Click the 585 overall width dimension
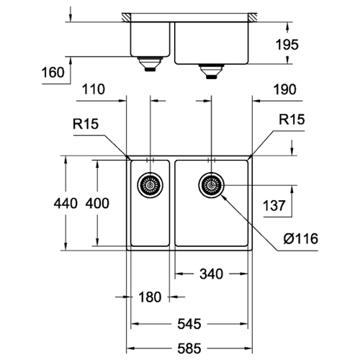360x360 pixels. coord(189,348)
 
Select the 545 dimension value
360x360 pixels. coord(189,324)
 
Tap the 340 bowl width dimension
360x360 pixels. coord(211,274)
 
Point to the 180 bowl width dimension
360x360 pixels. coord(150,297)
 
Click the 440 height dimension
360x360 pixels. coord(66,204)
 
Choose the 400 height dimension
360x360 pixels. coord(97,204)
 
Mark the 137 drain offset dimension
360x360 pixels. coord(274,206)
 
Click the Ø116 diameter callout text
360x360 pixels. coord(301,239)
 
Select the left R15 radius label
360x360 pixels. coord(86,124)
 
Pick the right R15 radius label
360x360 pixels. coord(292,120)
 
